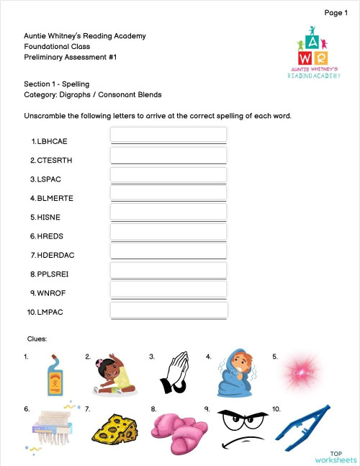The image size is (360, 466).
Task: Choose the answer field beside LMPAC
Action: pos(168,310)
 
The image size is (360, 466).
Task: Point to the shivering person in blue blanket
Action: pos(234,372)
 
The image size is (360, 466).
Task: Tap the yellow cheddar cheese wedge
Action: pos(113,428)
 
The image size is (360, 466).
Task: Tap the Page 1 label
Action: pos(336,12)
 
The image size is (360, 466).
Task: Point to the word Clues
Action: pos(37,338)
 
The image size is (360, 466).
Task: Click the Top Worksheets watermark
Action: pos(336,456)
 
